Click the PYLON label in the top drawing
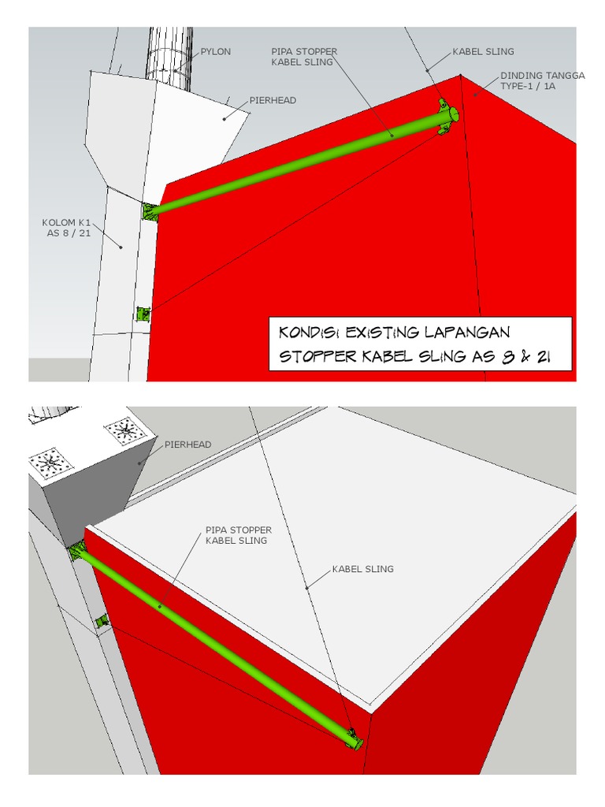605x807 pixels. (216, 52)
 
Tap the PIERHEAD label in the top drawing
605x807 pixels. (273, 101)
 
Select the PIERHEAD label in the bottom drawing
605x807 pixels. (187, 444)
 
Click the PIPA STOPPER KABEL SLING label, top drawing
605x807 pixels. (303, 56)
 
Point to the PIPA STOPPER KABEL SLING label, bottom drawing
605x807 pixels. (238, 535)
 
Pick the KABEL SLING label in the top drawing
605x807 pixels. (483, 52)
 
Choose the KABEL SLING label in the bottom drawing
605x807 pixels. (362, 568)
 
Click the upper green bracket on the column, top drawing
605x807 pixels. (149, 210)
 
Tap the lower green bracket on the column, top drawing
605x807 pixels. (142, 314)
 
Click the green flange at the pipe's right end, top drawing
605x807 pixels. (448, 117)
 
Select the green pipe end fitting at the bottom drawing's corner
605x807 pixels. (354, 740)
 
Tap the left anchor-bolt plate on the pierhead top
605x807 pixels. (52, 462)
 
